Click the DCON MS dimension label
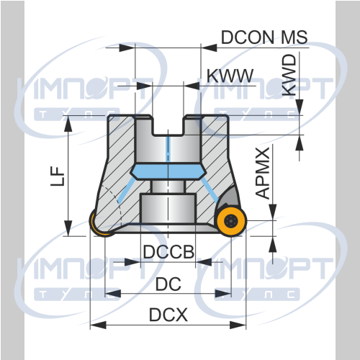(x=264, y=37)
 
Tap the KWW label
(x=230, y=76)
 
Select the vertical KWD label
(x=289, y=75)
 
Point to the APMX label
(x=263, y=174)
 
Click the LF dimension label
(x=58, y=176)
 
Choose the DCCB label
(x=168, y=252)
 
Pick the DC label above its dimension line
(x=168, y=284)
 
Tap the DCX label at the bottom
(x=168, y=315)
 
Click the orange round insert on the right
(x=230, y=220)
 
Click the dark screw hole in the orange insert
(x=230, y=220)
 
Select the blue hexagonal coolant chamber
(x=168, y=171)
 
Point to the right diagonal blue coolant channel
(x=210, y=190)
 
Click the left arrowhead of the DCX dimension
(x=98, y=325)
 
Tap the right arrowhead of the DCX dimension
(x=238, y=325)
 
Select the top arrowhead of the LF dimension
(x=68, y=124)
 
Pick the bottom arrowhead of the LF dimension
(x=68, y=228)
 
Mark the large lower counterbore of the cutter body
(x=168, y=208)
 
